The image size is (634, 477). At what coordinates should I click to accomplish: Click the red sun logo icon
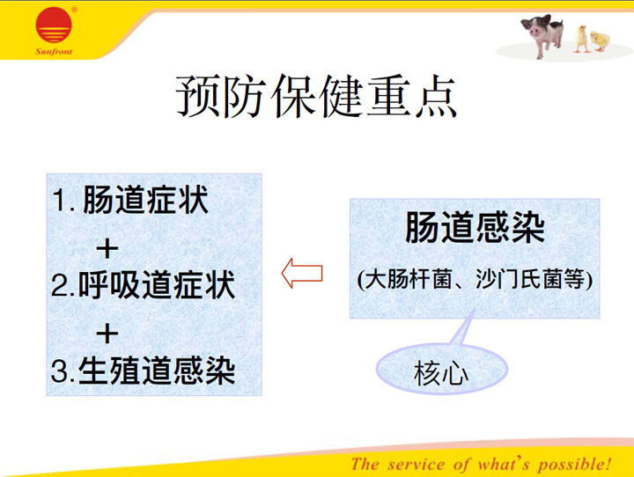tap(54, 25)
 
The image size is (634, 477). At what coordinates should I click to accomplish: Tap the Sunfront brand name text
tap(54, 52)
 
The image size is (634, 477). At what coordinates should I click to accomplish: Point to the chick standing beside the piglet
tap(581, 40)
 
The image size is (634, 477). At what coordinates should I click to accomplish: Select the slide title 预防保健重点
tap(317, 96)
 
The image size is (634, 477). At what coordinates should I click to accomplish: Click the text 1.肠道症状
tap(130, 199)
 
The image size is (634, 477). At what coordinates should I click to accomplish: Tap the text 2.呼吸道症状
tap(144, 285)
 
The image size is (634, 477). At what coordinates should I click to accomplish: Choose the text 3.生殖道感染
tap(144, 371)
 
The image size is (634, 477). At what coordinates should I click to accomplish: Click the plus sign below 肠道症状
tap(107, 248)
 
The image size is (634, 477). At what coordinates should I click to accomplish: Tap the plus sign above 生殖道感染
tap(107, 334)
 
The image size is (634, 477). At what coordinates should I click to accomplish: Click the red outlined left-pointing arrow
tap(302, 274)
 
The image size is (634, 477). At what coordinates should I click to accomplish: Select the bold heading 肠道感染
tap(475, 228)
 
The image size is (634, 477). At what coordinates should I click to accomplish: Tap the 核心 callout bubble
tap(441, 370)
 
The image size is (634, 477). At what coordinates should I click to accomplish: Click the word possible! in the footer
tap(574, 465)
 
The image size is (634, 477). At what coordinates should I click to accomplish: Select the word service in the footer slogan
tap(416, 464)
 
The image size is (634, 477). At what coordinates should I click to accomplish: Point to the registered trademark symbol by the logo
tap(74, 9)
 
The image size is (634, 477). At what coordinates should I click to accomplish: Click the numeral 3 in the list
tap(59, 371)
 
